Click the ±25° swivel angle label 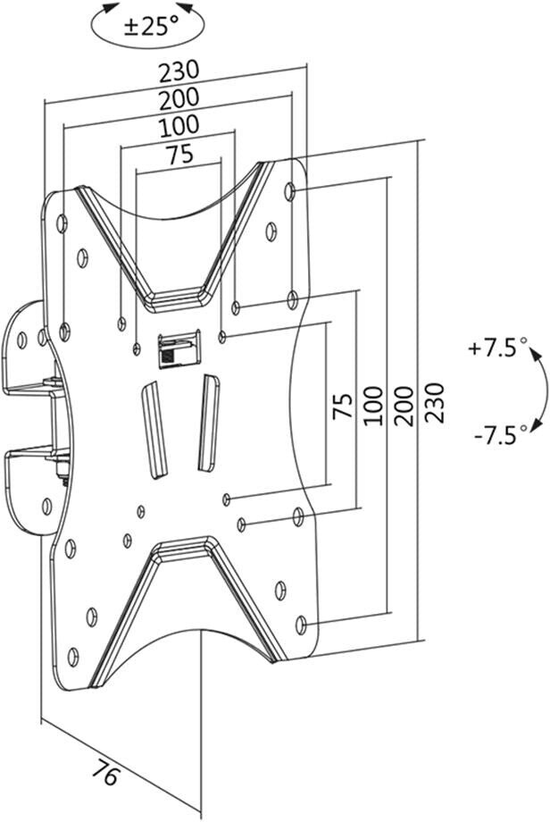coord(152,25)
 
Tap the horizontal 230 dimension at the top coord(179,71)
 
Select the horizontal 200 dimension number coord(179,98)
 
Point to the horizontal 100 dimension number coord(179,125)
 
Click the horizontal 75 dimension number coord(179,154)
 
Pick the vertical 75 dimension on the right coord(343,406)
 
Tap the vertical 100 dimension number coord(372,406)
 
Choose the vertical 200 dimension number coord(403,406)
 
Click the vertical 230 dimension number coord(434,403)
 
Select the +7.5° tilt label coord(497,348)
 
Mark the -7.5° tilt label coord(501,434)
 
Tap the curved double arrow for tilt coord(539,390)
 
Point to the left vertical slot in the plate coord(154,431)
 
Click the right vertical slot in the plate coord(209,423)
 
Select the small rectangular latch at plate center coord(179,348)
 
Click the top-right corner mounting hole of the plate coord(290,191)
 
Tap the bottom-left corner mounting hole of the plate coord(73,657)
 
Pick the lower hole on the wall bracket coord(47,506)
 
